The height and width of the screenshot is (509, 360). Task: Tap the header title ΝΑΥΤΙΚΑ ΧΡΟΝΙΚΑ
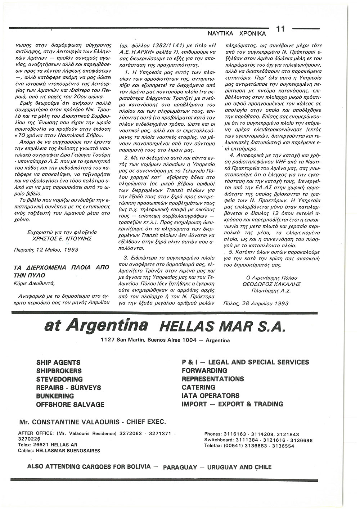coord(237,33)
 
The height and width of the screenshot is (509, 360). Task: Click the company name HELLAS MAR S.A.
coord(221,328)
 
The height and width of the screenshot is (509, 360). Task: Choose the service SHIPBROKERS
coord(59,371)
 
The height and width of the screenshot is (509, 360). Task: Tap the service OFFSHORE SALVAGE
coord(70,405)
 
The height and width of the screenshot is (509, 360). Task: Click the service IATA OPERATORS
coord(211,396)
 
